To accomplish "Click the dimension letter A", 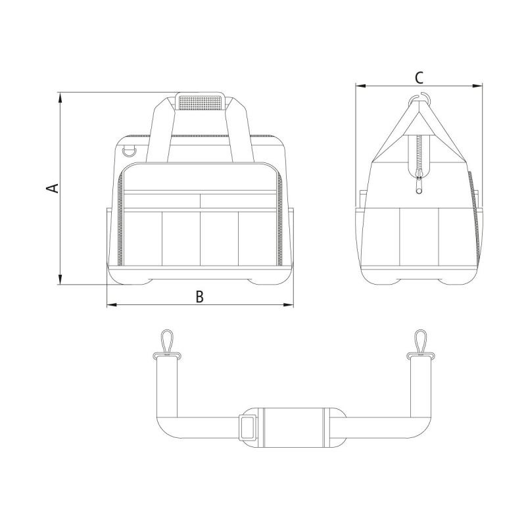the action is tap(53, 188).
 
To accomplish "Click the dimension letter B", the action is tap(200, 297).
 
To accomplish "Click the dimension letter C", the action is tap(419, 78).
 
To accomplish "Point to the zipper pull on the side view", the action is tap(419, 184).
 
